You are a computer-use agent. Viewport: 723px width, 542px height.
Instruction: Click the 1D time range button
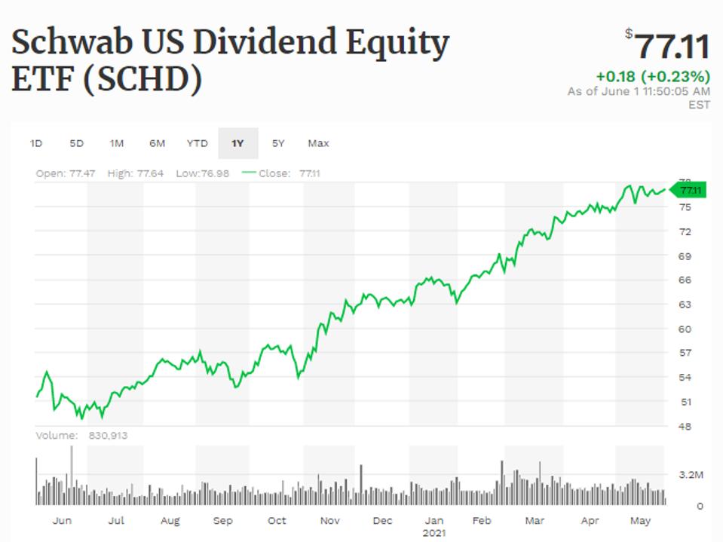click(x=36, y=143)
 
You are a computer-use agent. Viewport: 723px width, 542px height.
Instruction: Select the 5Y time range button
click(x=278, y=143)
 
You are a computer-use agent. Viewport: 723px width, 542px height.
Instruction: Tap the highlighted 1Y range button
click(x=237, y=143)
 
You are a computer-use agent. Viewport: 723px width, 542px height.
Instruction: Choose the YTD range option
click(x=197, y=143)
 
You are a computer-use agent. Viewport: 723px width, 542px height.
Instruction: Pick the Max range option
click(x=318, y=143)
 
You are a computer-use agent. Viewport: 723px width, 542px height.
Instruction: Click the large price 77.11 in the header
click(x=670, y=47)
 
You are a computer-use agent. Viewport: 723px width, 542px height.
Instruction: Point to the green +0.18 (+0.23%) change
click(x=652, y=77)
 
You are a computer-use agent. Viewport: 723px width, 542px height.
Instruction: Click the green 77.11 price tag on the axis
click(x=689, y=191)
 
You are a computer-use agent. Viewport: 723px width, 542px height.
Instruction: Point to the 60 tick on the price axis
click(x=685, y=329)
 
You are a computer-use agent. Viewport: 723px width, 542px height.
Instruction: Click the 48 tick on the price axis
click(x=685, y=426)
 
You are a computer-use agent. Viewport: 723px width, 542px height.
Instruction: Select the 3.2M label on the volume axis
click(x=691, y=476)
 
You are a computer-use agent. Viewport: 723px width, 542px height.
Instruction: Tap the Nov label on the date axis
click(x=329, y=520)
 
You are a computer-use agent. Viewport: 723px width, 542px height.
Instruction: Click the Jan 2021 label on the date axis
click(x=434, y=525)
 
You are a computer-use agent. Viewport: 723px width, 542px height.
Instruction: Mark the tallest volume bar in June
click(x=72, y=475)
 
